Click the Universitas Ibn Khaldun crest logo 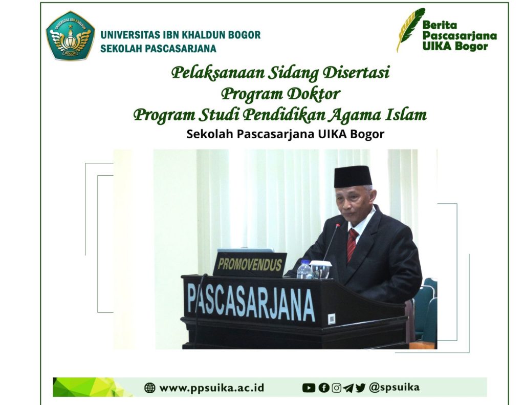70,36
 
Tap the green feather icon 410,29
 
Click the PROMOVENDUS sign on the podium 250,265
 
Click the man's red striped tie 352,245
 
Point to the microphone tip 338,226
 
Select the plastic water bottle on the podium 304,269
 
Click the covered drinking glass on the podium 320,269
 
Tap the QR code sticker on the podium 332,318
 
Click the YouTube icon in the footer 309,388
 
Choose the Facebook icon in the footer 324,388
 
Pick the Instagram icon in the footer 337,388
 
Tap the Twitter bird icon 360,388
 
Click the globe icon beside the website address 150,388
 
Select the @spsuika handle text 395,387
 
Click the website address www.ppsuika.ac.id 212,388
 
